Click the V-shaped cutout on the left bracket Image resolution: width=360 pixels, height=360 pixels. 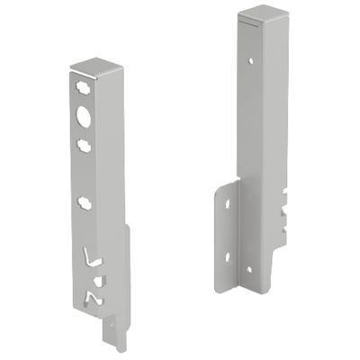click(x=90, y=258)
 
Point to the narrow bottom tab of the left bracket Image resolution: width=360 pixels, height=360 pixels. click(x=112, y=340)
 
